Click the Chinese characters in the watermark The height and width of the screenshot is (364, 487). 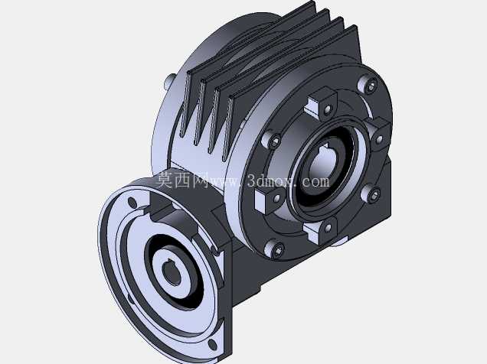pyautogui.click(x=181, y=180)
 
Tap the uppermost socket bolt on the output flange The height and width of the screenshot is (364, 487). pyautogui.click(x=369, y=85)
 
